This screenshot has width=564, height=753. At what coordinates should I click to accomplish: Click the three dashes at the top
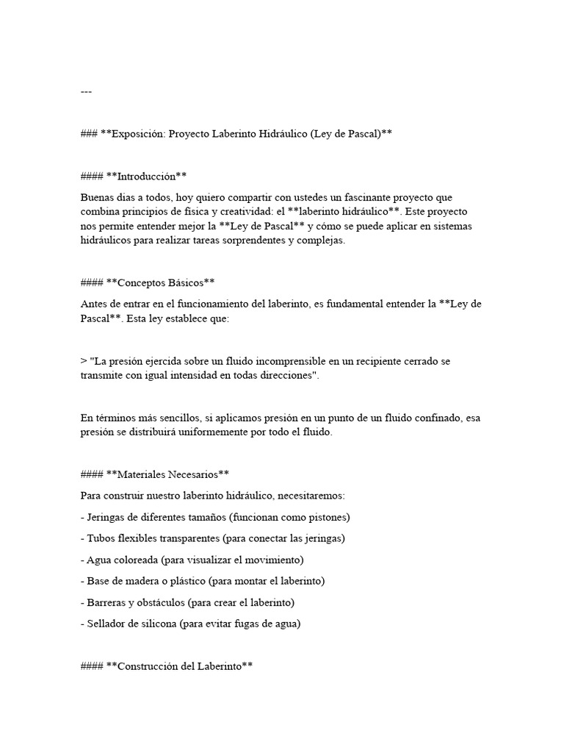pos(86,92)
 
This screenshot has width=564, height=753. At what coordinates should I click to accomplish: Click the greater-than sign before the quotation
pos(84,361)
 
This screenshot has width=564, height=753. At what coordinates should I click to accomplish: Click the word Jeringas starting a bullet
pos(106,517)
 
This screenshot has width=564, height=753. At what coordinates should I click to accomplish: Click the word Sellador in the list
pos(106,624)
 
